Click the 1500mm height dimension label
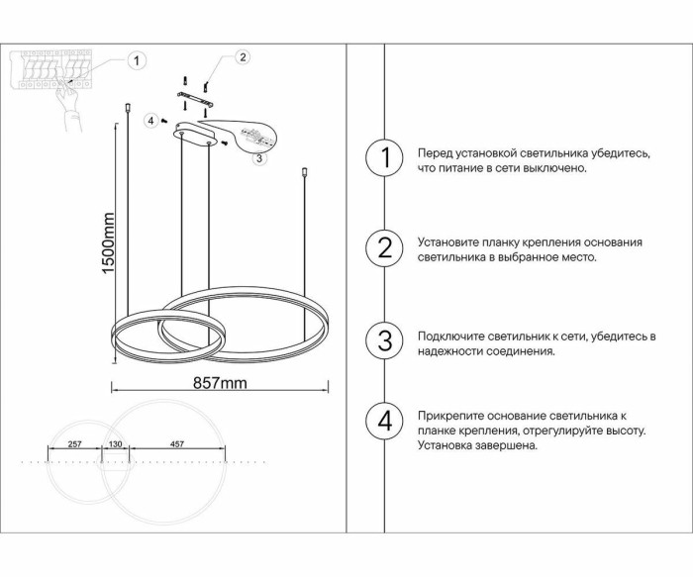click(108, 243)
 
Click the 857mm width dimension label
click(220, 383)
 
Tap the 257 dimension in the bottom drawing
click(74, 444)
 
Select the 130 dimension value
click(116, 444)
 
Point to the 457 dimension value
click(177, 444)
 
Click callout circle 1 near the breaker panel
click(137, 60)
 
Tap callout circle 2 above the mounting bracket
click(243, 57)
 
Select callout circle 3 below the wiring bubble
click(259, 157)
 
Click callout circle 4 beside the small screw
click(151, 120)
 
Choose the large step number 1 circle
click(384, 157)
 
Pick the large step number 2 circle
click(384, 247)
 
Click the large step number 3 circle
click(384, 341)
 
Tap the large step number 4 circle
click(384, 421)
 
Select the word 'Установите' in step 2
click(448, 242)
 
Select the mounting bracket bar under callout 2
click(195, 100)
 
